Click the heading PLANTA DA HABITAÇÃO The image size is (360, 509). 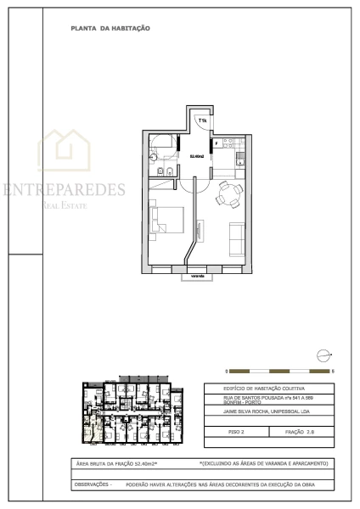(x=110, y=28)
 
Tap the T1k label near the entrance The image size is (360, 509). (x=202, y=121)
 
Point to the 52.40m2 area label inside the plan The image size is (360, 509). (x=196, y=156)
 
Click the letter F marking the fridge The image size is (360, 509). (x=217, y=144)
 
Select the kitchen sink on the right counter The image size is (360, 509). (x=240, y=161)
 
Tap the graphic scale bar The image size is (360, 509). (x=280, y=372)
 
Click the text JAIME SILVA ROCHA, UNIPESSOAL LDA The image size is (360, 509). (x=270, y=416)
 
